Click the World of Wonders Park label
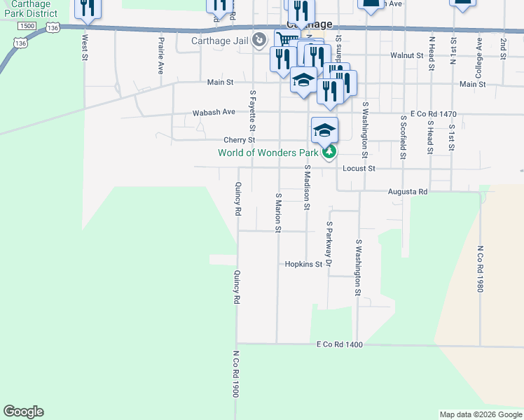point(268,153)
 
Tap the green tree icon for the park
point(329,152)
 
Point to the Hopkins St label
point(303,265)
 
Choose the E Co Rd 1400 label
point(340,345)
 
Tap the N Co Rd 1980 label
point(481,269)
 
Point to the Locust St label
point(359,169)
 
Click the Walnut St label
point(407,55)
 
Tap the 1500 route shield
point(27,26)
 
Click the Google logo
point(23,412)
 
